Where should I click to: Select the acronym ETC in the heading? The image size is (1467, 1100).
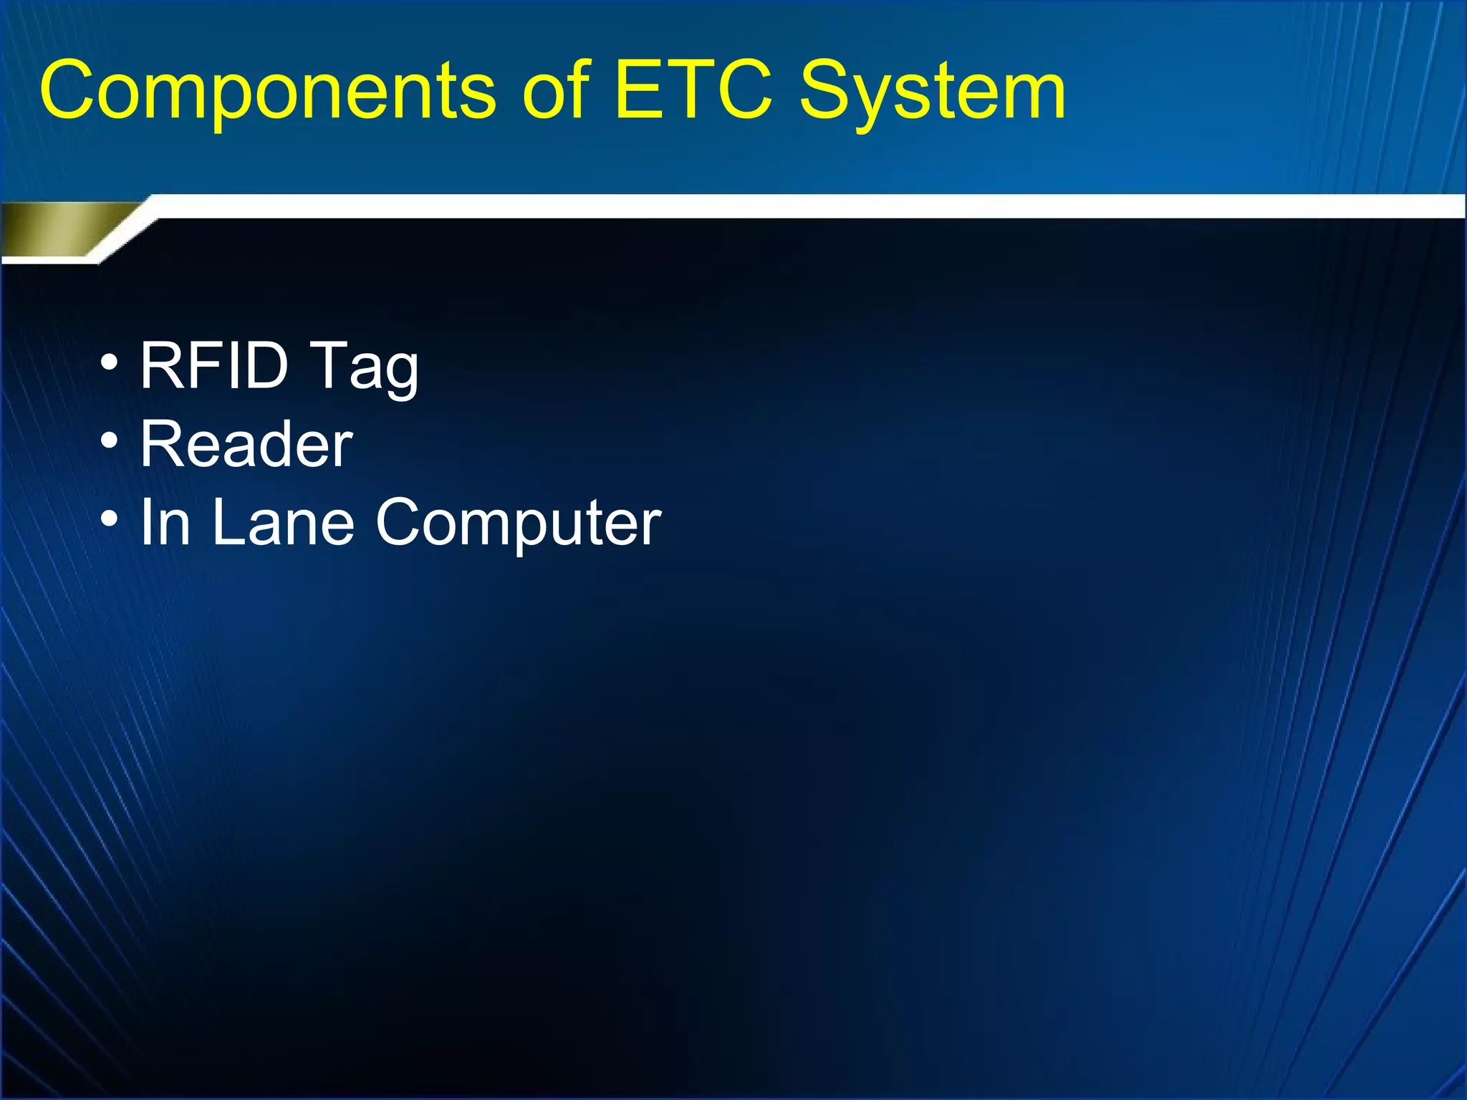693,91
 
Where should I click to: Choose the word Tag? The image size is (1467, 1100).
365,367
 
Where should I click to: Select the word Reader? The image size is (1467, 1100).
246,445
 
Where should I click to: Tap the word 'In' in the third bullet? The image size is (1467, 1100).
165,522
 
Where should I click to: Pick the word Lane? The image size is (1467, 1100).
283,522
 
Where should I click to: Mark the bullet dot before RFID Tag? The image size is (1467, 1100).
109,362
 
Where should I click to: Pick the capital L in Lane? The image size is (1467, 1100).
229,522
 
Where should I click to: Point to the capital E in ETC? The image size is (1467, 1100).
638,91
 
